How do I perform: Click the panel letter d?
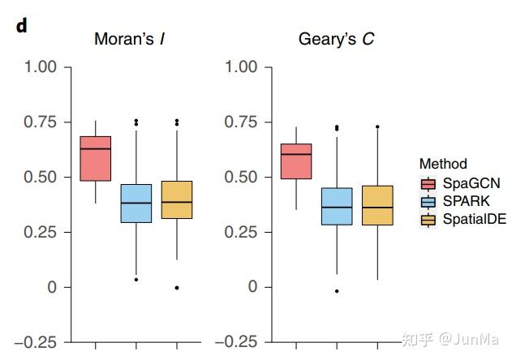click(x=21, y=25)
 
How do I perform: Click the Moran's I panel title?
click(x=136, y=39)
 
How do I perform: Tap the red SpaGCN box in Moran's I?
click(x=96, y=158)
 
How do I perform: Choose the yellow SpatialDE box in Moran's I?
click(x=176, y=199)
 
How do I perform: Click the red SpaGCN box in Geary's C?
click(x=296, y=161)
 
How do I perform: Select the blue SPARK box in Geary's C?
click(x=337, y=206)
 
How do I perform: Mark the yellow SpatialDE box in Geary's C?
click(x=376, y=205)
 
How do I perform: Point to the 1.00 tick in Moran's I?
click(x=41, y=66)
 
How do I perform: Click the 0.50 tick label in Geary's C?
click(x=241, y=177)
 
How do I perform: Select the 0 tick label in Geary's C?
click(x=253, y=287)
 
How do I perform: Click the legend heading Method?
click(x=443, y=164)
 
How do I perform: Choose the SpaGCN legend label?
click(x=471, y=183)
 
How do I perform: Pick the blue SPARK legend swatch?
click(x=428, y=201)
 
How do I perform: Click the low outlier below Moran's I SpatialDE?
click(x=176, y=288)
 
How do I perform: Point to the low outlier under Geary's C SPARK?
click(x=337, y=291)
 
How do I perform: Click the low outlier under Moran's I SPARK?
click(x=136, y=280)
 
